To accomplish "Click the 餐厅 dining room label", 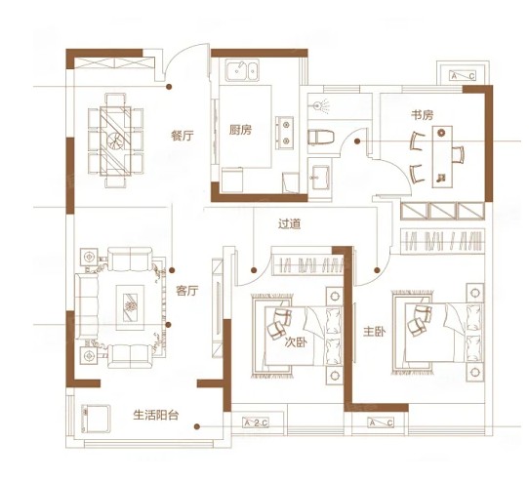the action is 183,136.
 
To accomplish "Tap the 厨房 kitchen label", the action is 240,130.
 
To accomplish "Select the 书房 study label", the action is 422,115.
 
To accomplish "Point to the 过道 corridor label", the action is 290,224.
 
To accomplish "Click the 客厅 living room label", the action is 187,291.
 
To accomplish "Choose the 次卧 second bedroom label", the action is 296,342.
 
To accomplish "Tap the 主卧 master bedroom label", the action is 375,332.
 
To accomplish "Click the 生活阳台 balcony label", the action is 156,415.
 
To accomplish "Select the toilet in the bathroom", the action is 321,137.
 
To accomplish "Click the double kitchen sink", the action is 242,70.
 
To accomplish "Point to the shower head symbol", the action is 320,106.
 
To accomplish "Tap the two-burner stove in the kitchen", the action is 284,133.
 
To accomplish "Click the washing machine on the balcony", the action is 96,419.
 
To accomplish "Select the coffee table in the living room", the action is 130,307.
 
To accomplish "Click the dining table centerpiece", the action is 115,140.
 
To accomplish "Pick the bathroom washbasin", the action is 320,177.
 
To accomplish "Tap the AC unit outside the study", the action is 463,75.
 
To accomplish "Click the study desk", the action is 442,157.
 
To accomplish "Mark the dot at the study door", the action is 357,141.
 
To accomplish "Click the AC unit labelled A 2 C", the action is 256,422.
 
